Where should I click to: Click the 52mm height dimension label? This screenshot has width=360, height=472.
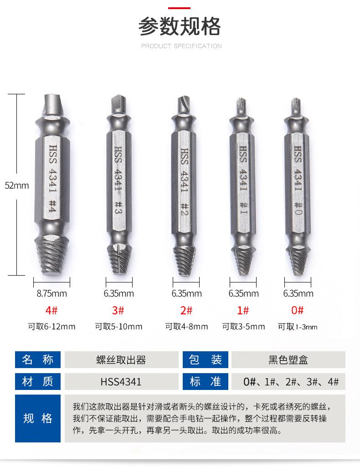(x=17, y=185)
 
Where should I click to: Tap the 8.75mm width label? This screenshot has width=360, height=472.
(x=52, y=293)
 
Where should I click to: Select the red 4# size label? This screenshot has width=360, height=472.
(x=51, y=310)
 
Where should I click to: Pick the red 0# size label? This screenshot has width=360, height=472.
(x=298, y=310)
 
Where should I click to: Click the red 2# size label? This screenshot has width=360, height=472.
(x=186, y=310)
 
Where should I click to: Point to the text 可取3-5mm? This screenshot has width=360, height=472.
(x=243, y=327)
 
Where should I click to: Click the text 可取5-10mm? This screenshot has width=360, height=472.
(x=118, y=327)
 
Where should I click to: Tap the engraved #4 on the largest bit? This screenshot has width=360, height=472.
(x=52, y=206)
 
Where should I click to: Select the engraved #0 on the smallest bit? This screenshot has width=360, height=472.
(x=298, y=208)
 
